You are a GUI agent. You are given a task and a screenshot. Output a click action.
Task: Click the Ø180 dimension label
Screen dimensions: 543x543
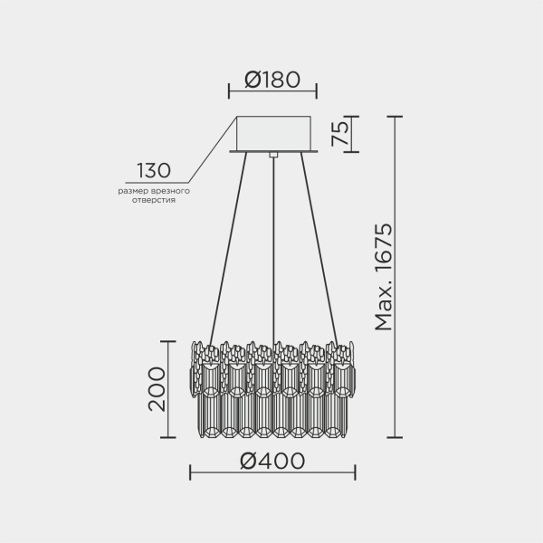pyautogui.click(x=272, y=80)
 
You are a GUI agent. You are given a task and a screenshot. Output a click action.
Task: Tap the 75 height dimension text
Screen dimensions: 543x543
pyautogui.click(x=339, y=134)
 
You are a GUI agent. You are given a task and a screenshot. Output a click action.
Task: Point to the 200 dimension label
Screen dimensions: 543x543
pyautogui.click(x=155, y=389)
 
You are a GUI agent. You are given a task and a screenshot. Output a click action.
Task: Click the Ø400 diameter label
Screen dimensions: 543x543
pyautogui.click(x=272, y=461)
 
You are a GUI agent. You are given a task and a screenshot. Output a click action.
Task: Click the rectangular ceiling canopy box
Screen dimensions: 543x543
pyautogui.click(x=272, y=133)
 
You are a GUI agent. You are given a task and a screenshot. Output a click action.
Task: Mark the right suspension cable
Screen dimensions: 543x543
pyautogui.click(x=316, y=249)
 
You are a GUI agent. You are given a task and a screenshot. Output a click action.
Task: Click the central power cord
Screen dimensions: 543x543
pyautogui.click(x=272, y=253)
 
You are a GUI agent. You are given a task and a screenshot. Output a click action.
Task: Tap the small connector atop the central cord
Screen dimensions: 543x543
pyautogui.click(x=272, y=156)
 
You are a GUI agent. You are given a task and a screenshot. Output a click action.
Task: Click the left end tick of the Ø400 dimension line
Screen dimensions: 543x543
pyautogui.click(x=189, y=472)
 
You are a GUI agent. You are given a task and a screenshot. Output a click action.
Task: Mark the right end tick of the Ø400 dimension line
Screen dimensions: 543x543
pyautogui.click(x=355, y=472)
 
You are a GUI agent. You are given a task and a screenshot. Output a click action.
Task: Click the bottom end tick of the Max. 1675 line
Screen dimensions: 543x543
pyautogui.click(x=396, y=437)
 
